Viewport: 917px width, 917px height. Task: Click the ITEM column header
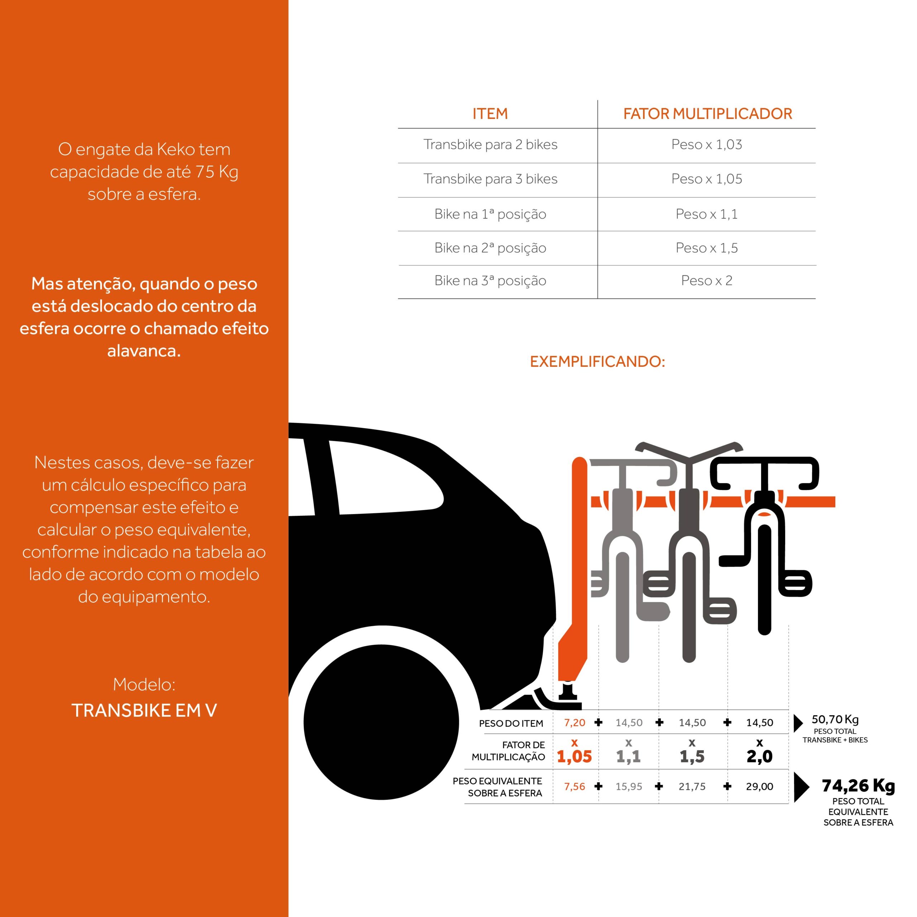coord(490,114)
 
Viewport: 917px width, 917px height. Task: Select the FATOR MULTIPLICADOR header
coord(707,114)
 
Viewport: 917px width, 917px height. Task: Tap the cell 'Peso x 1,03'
coord(706,144)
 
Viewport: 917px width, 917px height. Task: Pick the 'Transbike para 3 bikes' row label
coord(490,179)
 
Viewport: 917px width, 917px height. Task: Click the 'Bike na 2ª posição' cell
coord(490,248)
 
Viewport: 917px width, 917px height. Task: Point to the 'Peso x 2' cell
coord(706,280)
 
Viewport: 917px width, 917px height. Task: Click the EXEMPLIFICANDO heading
coord(597,362)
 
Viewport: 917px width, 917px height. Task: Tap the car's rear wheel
coord(381,722)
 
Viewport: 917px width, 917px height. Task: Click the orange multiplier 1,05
coord(574,757)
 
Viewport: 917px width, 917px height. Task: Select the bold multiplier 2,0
coord(759,757)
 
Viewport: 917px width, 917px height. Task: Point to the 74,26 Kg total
coord(858,786)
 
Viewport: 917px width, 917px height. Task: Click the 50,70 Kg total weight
coord(835,720)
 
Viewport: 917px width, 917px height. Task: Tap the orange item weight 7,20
coord(574,723)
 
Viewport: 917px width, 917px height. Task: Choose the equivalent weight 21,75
coord(692,787)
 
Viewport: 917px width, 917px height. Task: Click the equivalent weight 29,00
coord(759,787)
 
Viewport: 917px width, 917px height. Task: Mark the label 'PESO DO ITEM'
coord(511,723)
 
